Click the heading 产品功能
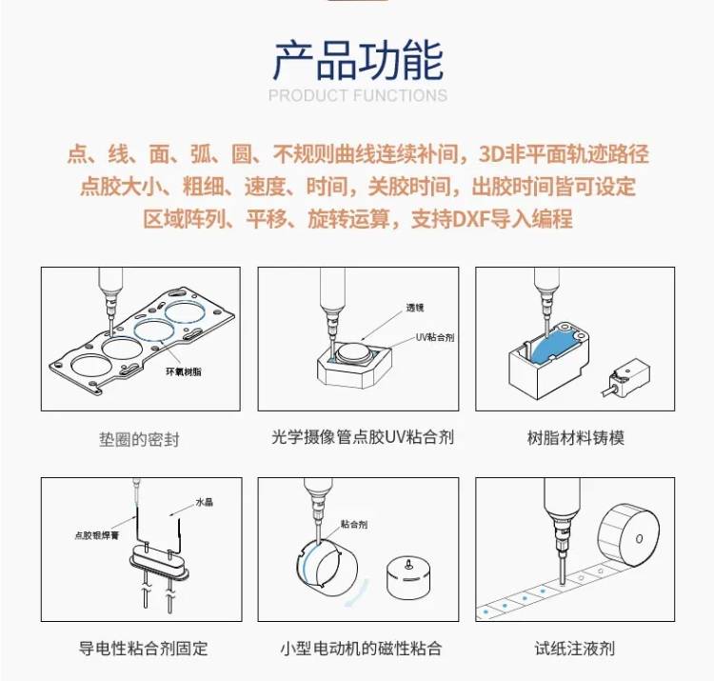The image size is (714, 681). [x=358, y=60]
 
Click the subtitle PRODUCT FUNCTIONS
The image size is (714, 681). [x=358, y=95]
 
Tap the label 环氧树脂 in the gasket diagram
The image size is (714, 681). [x=184, y=371]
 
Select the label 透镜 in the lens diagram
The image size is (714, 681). [x=415, y=308]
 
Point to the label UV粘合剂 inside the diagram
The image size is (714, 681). [x=435, y=337]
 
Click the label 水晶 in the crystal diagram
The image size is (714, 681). [x=205, y=503]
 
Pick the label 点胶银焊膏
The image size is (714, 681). [x=96, y=535]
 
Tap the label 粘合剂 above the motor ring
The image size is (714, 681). [x=354, y=524]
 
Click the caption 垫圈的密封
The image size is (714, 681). [x=139, y=440]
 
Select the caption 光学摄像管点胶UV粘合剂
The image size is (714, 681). [x=363, y=437]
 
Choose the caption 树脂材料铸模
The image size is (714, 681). [x=576, y=438]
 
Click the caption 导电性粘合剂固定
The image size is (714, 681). [x=144, y=649]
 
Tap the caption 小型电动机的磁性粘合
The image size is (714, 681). [x=361, y=649]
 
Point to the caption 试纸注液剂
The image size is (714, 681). [x=575, y=649]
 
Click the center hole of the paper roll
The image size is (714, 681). [x=639, y=539]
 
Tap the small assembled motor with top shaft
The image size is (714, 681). [x=408, y=577]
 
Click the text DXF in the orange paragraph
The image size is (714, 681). [x=471, y=219]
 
